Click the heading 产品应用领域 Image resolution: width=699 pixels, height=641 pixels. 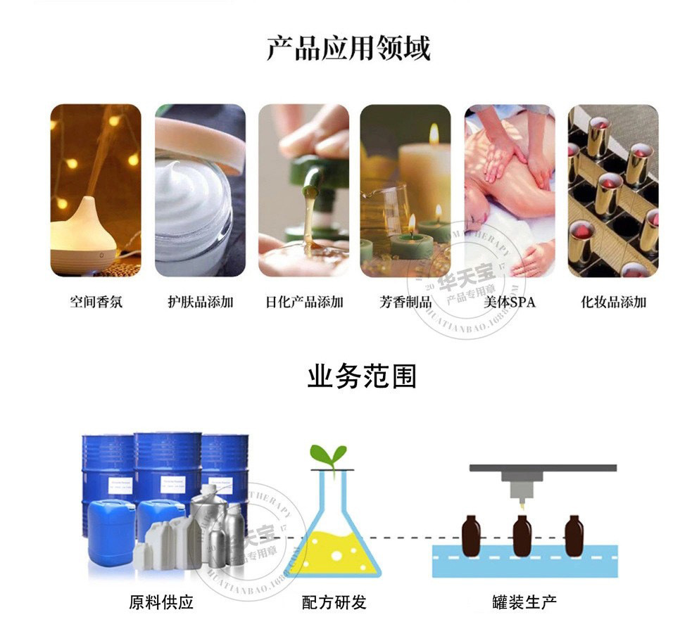[x=348, y=48]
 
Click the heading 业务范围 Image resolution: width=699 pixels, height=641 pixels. [x=362, y=376]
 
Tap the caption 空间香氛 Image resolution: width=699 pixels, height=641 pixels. [x=96, y=302]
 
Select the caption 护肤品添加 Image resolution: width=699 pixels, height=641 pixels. [x=200, y=302]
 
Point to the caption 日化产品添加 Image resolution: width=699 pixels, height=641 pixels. [x=304, y=302]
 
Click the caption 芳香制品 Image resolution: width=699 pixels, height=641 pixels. [x=405, y=302]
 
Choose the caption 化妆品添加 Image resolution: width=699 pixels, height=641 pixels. [x=613, y=302]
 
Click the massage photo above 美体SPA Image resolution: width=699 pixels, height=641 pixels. [x=509, y=190]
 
